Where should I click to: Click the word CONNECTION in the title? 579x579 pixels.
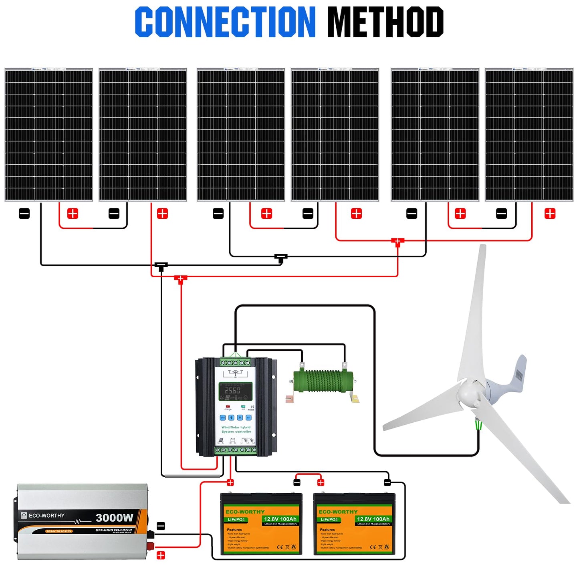point(225,22)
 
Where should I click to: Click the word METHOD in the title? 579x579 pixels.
point(385,22)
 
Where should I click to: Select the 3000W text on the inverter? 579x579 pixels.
point(114,518)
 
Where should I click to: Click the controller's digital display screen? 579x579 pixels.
point(235,391)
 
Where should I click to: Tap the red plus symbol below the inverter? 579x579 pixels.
point(161,555)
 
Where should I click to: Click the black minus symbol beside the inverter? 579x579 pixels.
point(161,526)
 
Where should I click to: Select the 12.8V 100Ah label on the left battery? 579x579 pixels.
point(280,519)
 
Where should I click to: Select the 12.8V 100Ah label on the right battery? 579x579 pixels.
point(373,519)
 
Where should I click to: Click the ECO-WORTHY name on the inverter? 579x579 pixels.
point(46,516)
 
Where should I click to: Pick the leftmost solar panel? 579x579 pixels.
point(48,135)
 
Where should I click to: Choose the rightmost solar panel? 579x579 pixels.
point(529,135)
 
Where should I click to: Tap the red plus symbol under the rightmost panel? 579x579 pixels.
point(550,214)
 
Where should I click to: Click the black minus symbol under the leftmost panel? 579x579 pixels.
point(24,214)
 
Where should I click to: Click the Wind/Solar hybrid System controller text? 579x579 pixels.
point(236,430)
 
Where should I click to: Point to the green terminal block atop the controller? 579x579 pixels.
point(236,362)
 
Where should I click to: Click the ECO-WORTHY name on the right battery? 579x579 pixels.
point(338,512)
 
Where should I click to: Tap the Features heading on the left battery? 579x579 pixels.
point(234,530)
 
